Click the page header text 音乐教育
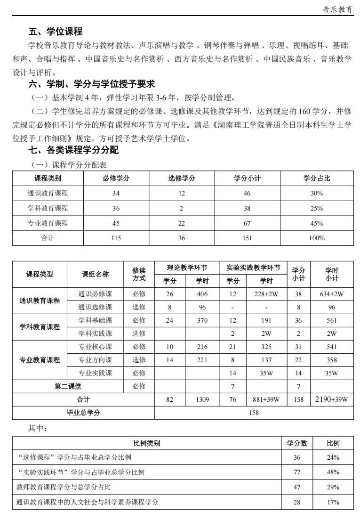pos(338,9)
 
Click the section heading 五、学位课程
pos(56,32)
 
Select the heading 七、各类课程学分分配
pos(73,150)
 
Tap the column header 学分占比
pos(317,178)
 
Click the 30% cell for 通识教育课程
pos(317,193)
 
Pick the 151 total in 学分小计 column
pos(247,238)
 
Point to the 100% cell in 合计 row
pos(317,238)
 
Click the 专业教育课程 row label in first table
pos(48,223)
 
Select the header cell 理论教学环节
pos(187,268)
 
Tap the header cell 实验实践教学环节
pos(253,268)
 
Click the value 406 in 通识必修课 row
pos(202,294)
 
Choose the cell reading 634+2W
pos(332,294)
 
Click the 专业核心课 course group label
pos(95,347)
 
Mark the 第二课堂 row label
pos(68,386)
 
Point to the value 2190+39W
pos(332,399)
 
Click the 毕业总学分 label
pos(83,413)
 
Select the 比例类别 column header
pos(147,443)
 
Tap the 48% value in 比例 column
pos(333,472)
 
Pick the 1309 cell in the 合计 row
pos(202,399)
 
